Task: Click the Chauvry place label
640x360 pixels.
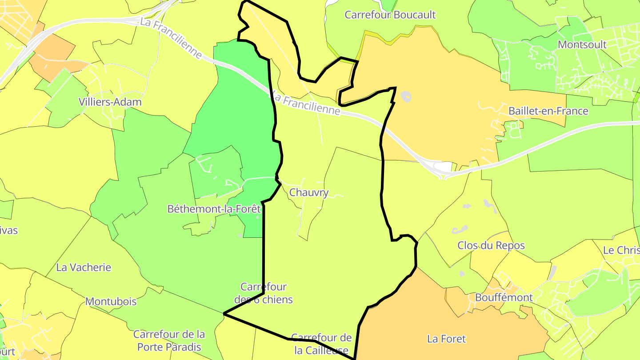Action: pos(309,193)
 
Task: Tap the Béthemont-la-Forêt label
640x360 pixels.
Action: pos(214,209)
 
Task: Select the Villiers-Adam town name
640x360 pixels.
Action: pos(110,102)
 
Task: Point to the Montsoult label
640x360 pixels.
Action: pos(582,44)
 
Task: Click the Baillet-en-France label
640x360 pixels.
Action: pos(548,111)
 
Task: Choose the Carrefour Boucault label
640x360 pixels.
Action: pos(390,15)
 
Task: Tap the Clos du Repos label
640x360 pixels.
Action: pos(491,245)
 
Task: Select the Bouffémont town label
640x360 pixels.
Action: pos(504,297)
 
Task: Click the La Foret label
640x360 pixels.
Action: pos(446,339)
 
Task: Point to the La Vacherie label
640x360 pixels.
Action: pos(84,268)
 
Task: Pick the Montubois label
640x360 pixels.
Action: pos(111,301)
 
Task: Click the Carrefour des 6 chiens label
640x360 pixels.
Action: pos(264,293)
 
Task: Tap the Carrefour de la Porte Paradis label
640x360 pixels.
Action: pos(169,340)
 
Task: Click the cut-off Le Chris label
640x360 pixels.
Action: pos(621,250)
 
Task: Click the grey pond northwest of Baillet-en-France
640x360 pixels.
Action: pos(406,96)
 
